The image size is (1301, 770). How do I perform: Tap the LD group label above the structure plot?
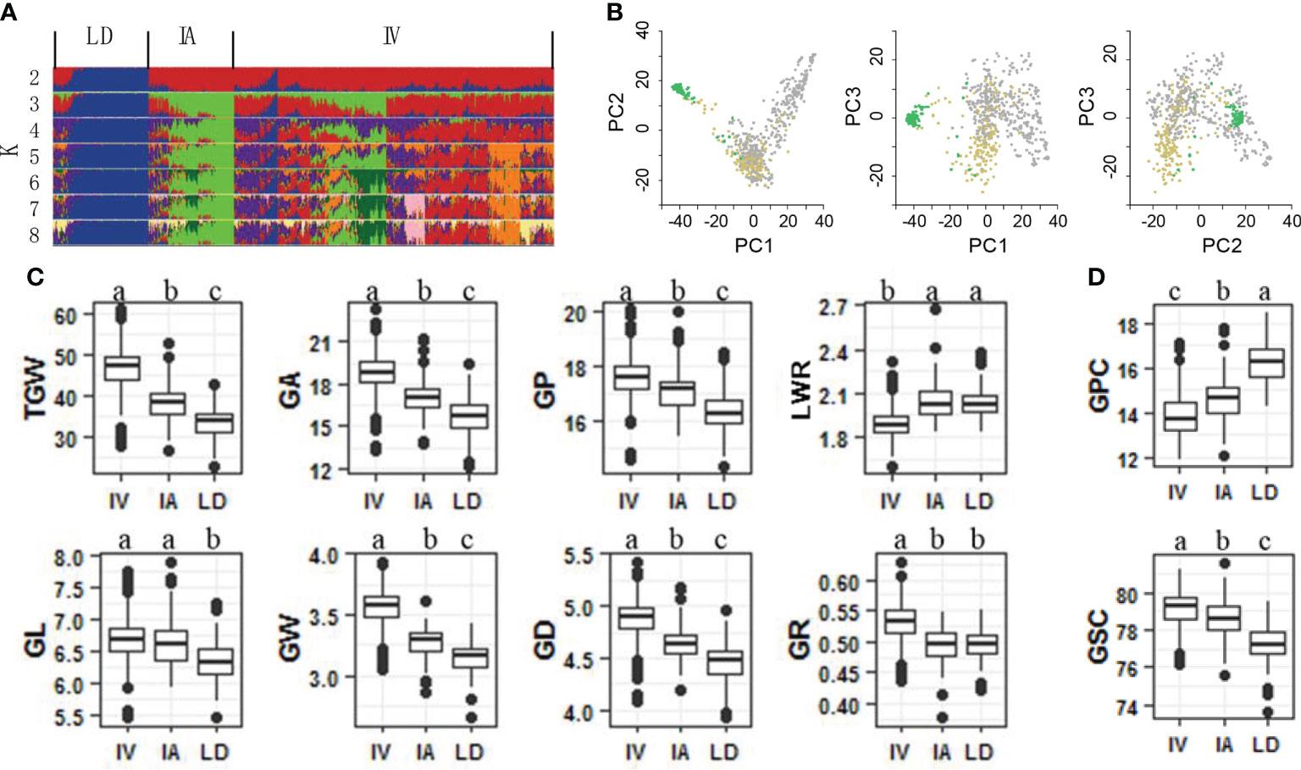pyautogui.click(x=99, y=36)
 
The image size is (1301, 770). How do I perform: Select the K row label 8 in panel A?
pyautogui.click(x=34, y=235)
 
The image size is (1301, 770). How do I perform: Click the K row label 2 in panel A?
pyautogui.click(x=34, y=78)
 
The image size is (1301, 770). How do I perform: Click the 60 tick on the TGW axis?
pyautogui.click(x=65, y=316)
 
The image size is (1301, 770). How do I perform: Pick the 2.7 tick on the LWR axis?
pyautogui.click(x=833, y=307)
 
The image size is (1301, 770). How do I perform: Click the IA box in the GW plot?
pyautogui.click(x=425, y=641)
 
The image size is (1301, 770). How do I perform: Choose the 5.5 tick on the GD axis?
pyautogui.click(x=579, y=557)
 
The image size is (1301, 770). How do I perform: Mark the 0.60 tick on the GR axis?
pyautogui.click(x=839, y=583)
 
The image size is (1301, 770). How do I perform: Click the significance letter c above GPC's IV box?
pyautogui.click(x=1176, y=293)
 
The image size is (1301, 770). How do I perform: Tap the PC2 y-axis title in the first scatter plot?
pyautogui.click(x=616, y=112)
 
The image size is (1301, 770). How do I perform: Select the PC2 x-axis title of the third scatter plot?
pyautogui.click(x=1221, y=246)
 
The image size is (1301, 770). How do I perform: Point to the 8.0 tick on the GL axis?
pyautogui.click(x=69, y=558)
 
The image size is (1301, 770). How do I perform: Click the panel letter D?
pyautogui.click(x=1097, y=277)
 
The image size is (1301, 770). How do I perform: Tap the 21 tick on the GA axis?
pyautogui.click(x=321, y=343)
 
